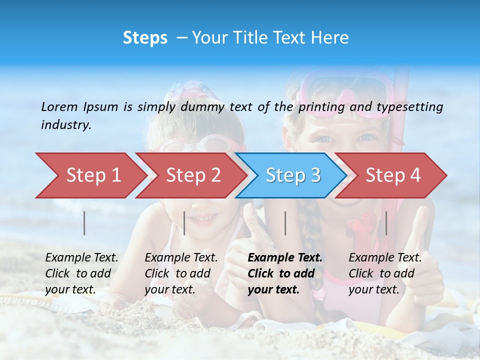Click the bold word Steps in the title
[145, 38]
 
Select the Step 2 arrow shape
[192, 175]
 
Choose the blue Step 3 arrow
[292, 175]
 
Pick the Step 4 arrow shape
[392, 175]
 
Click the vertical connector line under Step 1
[84, 223]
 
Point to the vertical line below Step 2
[184, 223]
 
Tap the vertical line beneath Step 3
[285, 223]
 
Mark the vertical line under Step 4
[386, 223]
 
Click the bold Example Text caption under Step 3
[285, 273]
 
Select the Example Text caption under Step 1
[81, 273]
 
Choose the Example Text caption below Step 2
[181, 273]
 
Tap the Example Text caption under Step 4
[385, 273]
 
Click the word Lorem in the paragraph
[59, 106]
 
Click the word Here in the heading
[329, 38]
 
